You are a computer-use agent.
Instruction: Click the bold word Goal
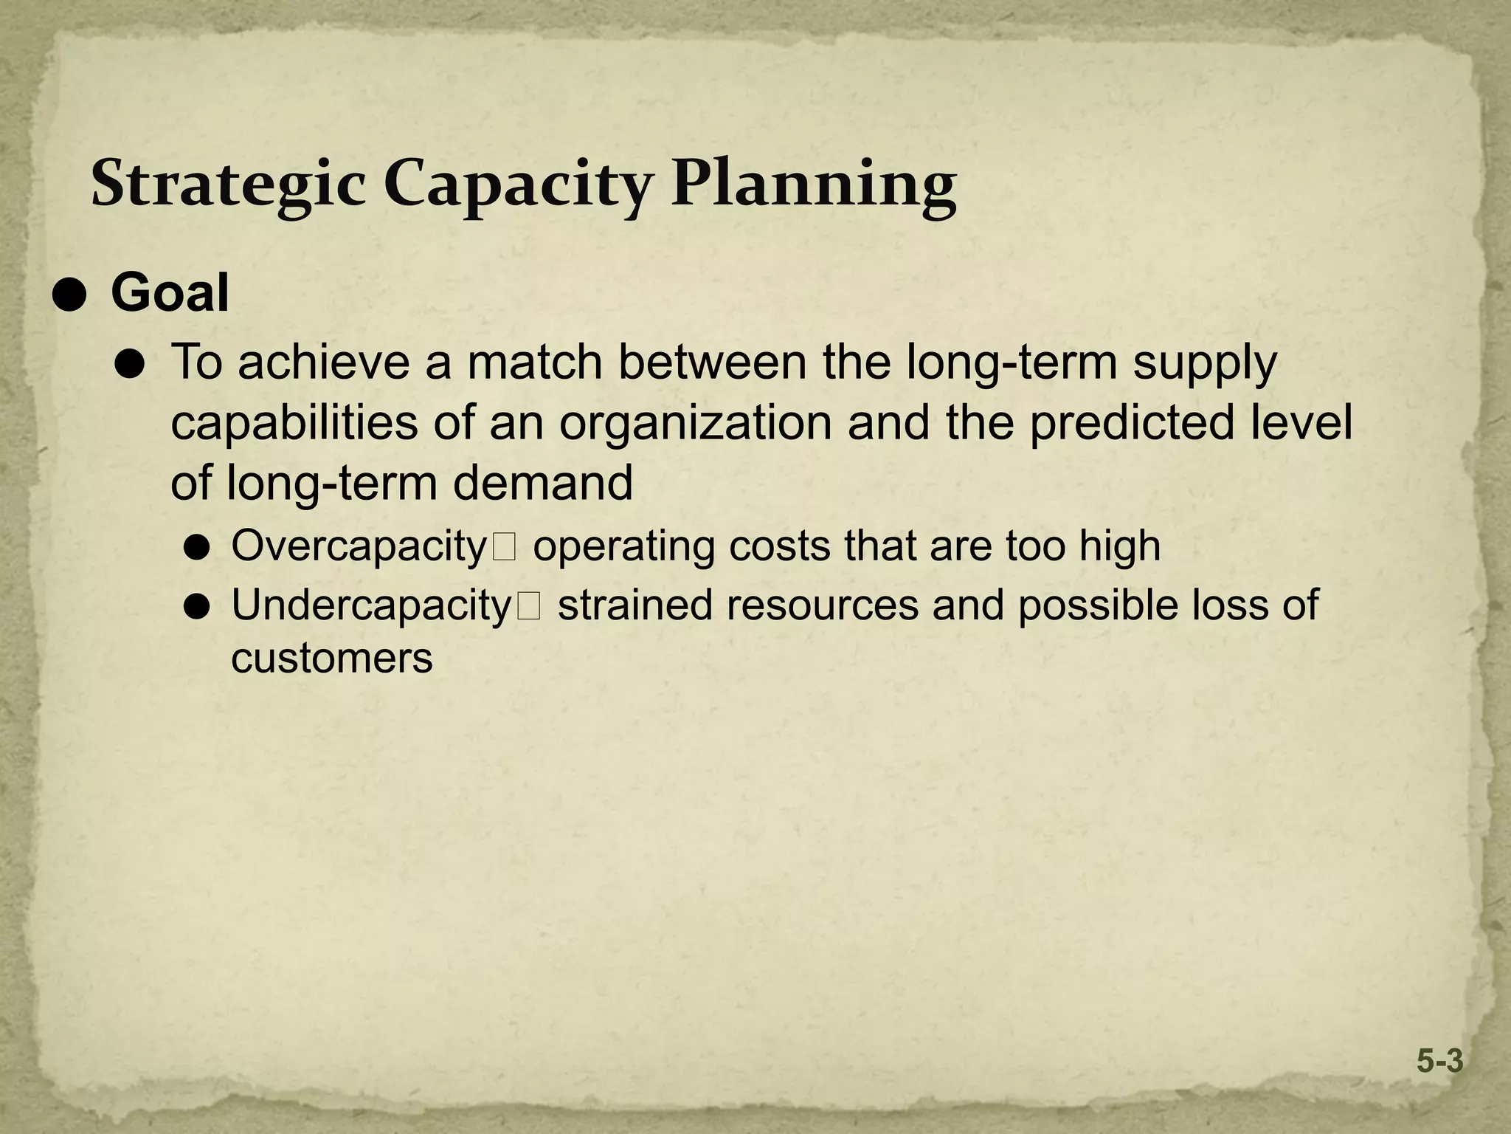pyautogui.click(x=170, y=293)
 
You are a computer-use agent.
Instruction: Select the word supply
pyautogui.click(x=1204, y=364)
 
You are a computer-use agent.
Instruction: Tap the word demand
pyautogui.click(x=542, y=483)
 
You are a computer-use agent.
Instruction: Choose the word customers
pyautogui.click(x=331, y=659)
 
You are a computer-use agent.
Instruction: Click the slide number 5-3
pyautogui.click(x=1439, y=1062)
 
